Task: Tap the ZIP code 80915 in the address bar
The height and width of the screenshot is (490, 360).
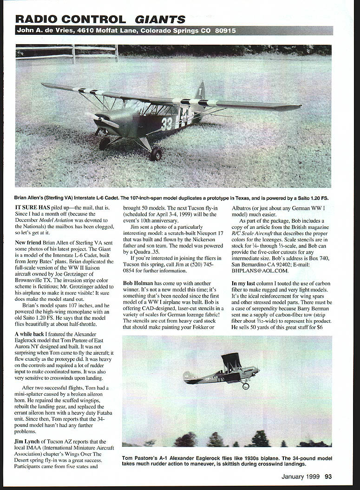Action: tap(225, 31)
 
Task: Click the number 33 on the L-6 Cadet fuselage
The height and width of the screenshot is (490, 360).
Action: tap(166, 124)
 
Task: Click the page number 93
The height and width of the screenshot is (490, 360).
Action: tap(328, 476)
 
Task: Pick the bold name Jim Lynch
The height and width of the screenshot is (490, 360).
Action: tap(32, 441)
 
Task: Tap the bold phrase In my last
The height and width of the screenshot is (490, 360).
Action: tap(248, 283)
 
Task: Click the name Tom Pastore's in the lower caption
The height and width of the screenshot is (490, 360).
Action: tap(140, 458)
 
